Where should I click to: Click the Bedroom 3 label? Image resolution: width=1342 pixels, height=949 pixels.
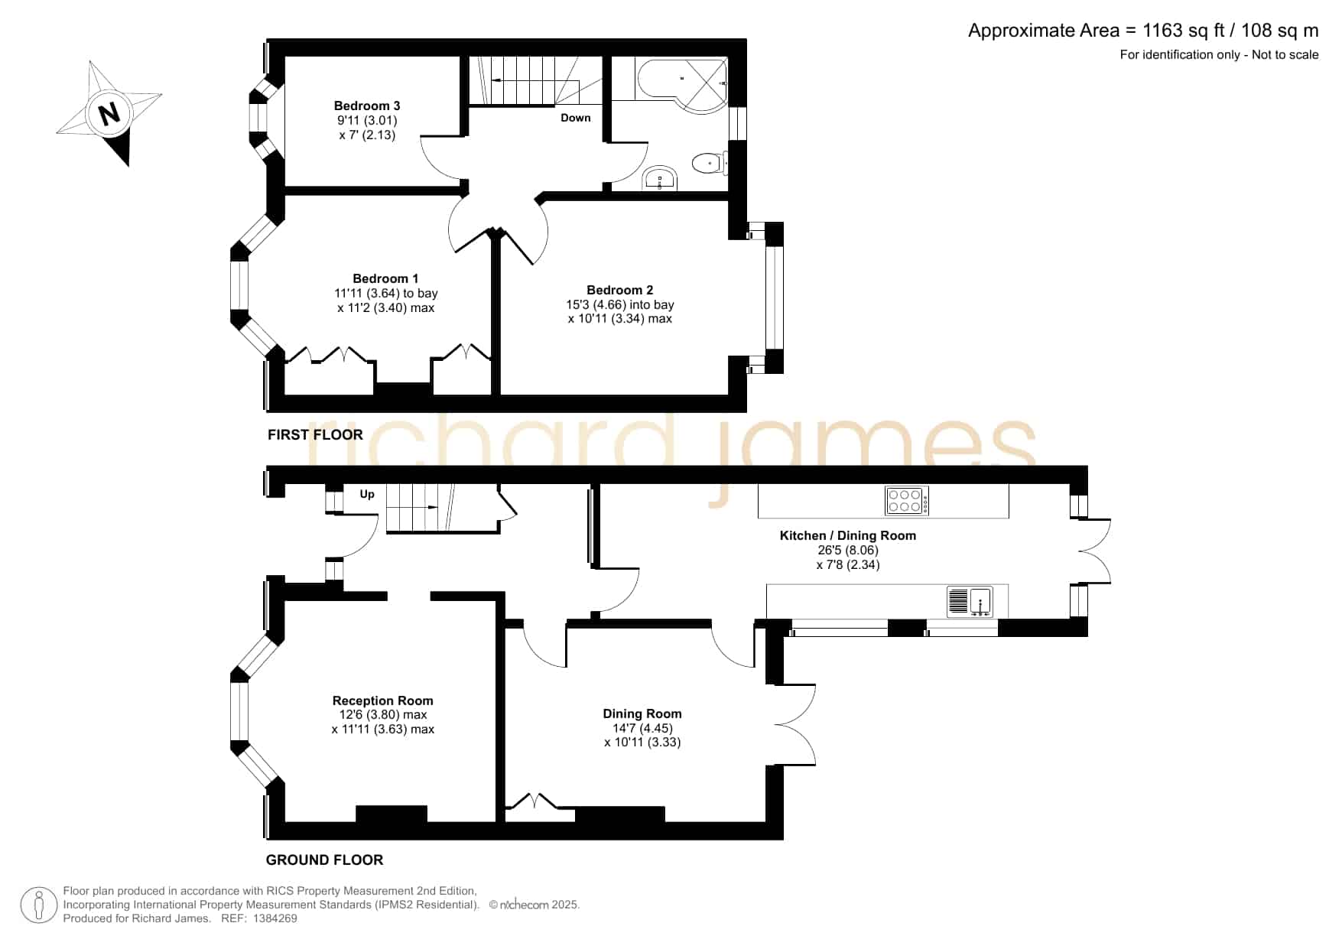pyautogui.click(x=367, y=106)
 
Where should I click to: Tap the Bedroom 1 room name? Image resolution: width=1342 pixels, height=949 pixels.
pyautogui.click(x=385, y=278)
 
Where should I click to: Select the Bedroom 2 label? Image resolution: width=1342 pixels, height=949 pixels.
pyautogui.click(x=620, y=290)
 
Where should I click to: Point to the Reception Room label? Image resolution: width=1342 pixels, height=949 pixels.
pyautogui.click(x=383, y=700)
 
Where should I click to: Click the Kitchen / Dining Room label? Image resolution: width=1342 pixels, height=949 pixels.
pyautogui.click(x=848, y=535)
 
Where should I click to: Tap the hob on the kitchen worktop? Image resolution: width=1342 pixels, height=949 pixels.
pyautogui.click(x=907, y=501)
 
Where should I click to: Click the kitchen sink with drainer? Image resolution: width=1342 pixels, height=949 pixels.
pyautogui.click(x=970, y=602)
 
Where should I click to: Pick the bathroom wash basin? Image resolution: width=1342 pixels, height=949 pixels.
pyautogui.click(x=660, y=178)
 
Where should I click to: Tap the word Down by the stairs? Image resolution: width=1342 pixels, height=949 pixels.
pyautogui.click(x=576, y=118)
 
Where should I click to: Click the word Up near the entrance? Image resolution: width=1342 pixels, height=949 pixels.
pyautogui.click(x=367, y=494)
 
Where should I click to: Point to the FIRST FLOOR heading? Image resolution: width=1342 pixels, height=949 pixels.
pyautogui.click(x=315, y=434)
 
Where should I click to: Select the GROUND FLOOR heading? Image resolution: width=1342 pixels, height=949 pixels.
pyautogui.click(x=324, y=860)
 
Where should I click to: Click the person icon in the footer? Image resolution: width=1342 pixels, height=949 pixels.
pyautogui.click(x=39, y=905)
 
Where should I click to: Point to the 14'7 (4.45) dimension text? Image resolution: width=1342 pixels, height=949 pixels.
pyautogui.click(x=642, y=728)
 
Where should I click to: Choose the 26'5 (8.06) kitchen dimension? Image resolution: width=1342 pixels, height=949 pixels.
pyautogui.click(x=848, y=550)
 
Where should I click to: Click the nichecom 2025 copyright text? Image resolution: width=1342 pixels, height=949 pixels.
pyautogui.click(x=535, y=905)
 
